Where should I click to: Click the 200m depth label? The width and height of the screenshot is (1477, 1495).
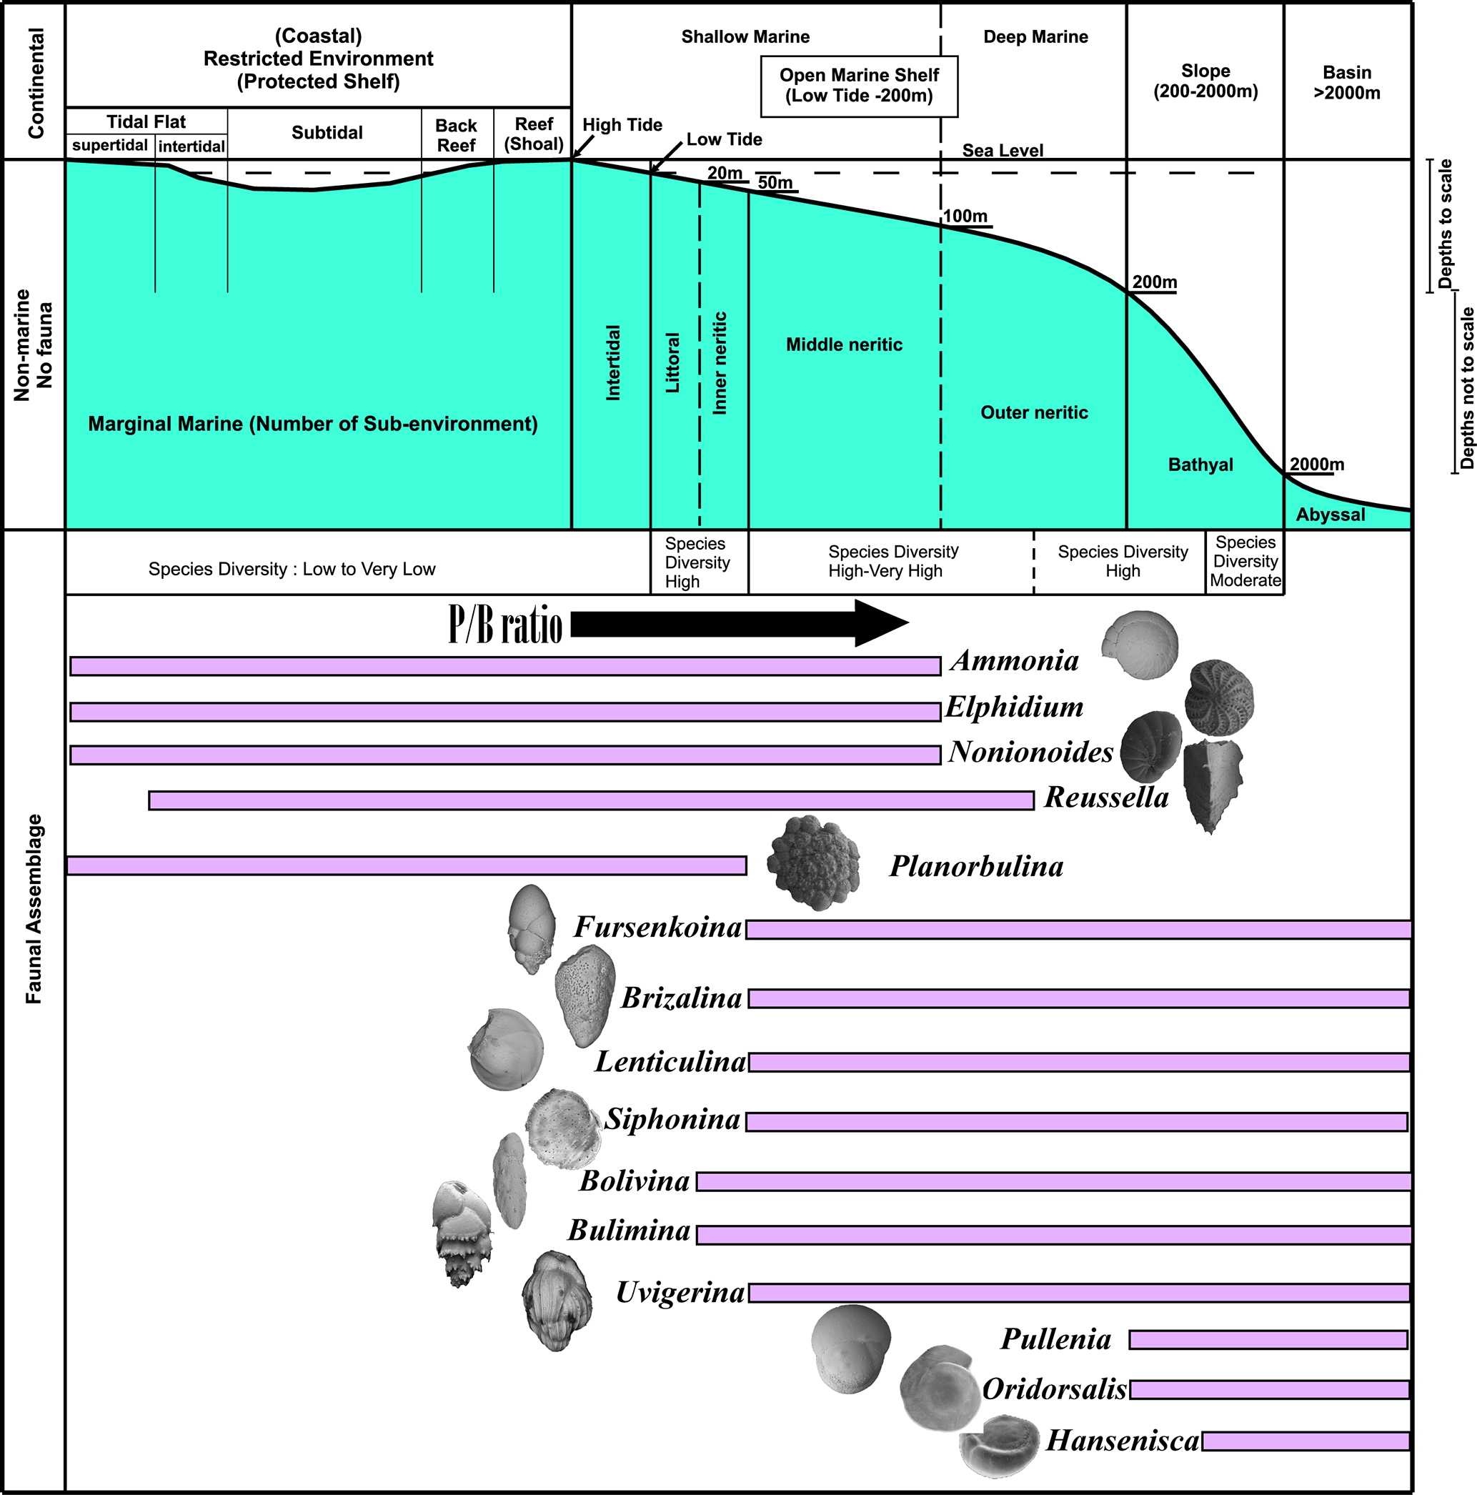pyautogui.click(x=1154, y=282)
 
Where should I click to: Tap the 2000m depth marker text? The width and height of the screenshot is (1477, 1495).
pyautogui.click(x=1317, y=465)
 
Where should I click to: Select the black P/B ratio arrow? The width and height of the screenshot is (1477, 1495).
pyautogui.click(x=739, y=623)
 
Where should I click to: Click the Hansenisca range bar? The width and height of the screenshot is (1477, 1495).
pyautogui.click(x=1306, y=1441)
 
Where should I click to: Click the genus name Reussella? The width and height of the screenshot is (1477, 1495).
pyautogui.click(x=1106, y=797)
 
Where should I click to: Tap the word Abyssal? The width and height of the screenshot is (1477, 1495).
pyautogui.click(x=1330, y=515)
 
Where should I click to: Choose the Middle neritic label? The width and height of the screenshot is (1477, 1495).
pyautogui.click(x=844, y=344)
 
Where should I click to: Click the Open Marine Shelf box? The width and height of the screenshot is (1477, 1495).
pyautogui.click(x=859, y=86)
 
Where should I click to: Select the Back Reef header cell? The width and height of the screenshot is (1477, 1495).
pyautogui.click(x=457, y=134)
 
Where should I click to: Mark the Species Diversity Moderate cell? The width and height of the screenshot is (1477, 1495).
pyautogui.click(x=1245, y=562)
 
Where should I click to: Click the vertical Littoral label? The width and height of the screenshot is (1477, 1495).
pyautogui.click(x=673, y=363)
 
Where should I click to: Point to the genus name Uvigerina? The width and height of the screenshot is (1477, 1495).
pyautogui.click(x=680, y=1292)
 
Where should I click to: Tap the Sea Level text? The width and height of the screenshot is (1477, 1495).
pyautogui.click(x=1003, y=150)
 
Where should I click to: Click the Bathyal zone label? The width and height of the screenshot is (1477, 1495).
pyautogui.click(x=1200, y=465)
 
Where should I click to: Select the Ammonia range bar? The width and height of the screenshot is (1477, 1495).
pyautogui.click(x=505, y=666)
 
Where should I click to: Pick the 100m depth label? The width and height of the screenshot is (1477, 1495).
pyautogui.click(x=965, y=217)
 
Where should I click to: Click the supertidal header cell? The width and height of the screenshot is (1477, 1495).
pyautogui.click(x=110, y=146)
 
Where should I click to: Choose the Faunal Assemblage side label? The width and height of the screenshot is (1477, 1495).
pyautogui.click(x=34, y=909)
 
